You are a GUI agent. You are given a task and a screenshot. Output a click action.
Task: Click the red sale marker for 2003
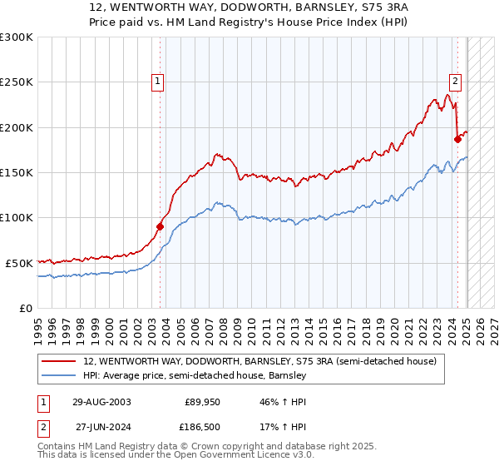(x=160, y=226)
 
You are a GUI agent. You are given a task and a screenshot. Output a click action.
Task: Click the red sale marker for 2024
(x=457, y=139)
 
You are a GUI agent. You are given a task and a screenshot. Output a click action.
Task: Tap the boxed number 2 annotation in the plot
(x=456, y=81)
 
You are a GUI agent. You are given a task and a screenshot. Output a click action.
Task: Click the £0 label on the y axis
(x=25, y=308)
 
